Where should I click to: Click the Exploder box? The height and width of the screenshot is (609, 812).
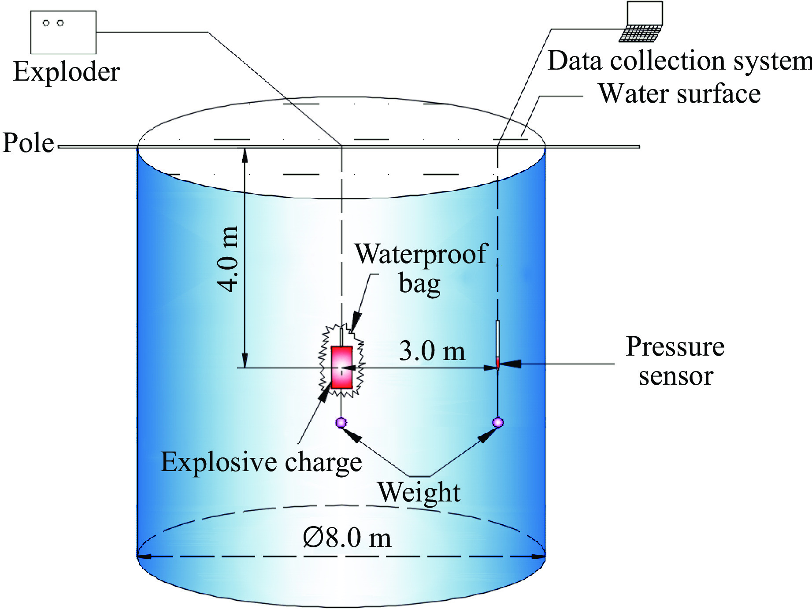[63, 32]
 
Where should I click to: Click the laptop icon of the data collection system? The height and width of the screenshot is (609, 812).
[642, 22]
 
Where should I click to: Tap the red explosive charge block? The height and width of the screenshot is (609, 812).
[341, 367]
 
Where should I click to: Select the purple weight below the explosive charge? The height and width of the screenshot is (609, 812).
[341, 422]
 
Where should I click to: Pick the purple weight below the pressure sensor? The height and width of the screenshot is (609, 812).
[497, 422]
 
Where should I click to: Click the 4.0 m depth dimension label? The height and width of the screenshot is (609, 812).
[228, 259]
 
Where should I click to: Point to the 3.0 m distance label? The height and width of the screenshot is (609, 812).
[432, 351]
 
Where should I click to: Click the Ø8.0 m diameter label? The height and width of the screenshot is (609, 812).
[347, 538]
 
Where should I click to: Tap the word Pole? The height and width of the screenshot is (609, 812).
[28, 143]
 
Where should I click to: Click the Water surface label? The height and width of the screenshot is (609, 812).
[679, 94]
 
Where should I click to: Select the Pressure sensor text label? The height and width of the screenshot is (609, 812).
[675, 361]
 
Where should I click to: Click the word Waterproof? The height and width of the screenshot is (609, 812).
[421, 255]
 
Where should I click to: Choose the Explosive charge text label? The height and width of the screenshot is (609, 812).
[261, 462]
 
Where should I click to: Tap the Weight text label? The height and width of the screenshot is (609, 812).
[419, 492]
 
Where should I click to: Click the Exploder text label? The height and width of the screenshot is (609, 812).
[67, 71]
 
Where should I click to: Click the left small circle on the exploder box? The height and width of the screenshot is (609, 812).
[46, 23]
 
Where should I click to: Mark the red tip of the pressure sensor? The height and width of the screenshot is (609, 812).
[497, 362]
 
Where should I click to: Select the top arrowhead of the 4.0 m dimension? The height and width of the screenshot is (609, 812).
[245, 156]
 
